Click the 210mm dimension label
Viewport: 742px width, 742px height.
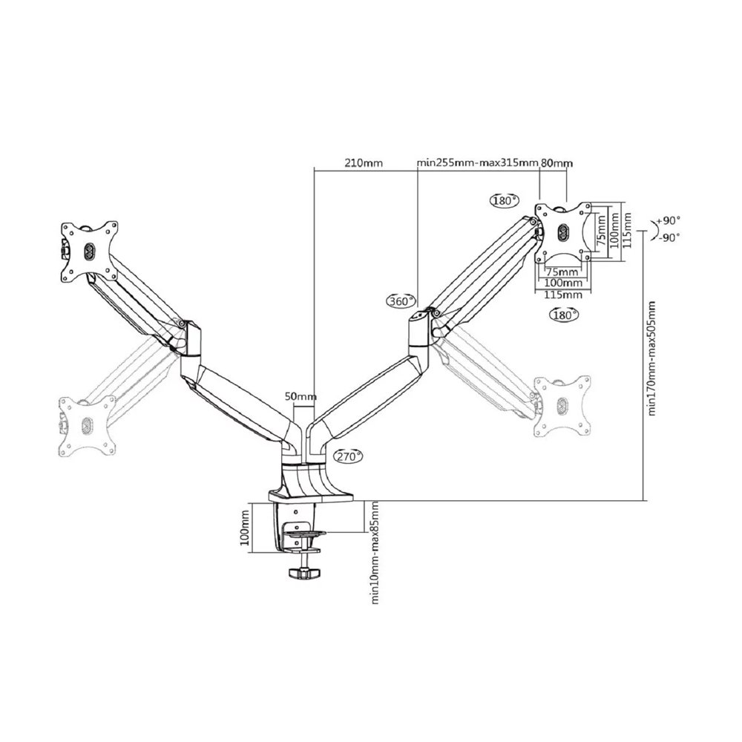click(364, 163)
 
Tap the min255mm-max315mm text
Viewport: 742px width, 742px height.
click(477, 163)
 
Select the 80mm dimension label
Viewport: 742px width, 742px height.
click(556, 163)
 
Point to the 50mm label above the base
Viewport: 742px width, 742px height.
click(301, 396)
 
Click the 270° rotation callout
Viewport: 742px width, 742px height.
click(348, 456)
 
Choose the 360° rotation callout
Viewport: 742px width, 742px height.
click(401, 301)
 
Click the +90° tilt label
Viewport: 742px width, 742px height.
click(669, 220)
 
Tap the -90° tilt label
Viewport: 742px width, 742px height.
click(669, 237)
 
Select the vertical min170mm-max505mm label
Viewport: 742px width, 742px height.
click(652, 358)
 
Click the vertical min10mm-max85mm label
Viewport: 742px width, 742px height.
click(375, 553)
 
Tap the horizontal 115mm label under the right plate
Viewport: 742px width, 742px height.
click(563, 295)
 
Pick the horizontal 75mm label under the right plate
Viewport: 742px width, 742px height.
click(562, 272)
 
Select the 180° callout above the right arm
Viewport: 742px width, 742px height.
click(504, 200)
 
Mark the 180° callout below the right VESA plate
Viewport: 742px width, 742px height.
click(564, 314)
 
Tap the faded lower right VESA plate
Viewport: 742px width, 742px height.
click(562, 405)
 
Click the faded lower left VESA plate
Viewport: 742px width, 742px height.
click(87, 426)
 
